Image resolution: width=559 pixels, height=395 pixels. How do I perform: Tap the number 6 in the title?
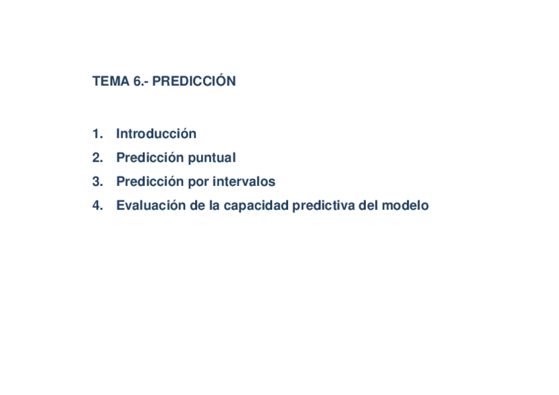[137, 81]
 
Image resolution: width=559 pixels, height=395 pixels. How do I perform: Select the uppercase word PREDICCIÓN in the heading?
[194, 80]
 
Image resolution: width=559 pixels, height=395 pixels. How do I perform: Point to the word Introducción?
[156, 133]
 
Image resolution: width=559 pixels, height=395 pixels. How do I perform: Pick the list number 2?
[98, 158]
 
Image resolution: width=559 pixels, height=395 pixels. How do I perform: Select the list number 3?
[98, 181]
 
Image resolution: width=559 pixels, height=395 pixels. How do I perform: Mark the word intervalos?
[244, 181]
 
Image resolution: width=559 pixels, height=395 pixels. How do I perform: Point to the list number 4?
[98, 205]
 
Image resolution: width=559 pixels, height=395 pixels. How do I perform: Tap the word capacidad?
[256, 206]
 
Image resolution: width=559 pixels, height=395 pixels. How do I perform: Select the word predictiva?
[324, 206]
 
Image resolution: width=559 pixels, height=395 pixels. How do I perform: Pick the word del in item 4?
[368, 205]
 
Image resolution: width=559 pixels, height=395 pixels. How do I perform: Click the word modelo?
[405, 205]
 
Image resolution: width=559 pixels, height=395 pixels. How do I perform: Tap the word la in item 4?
[214, 205]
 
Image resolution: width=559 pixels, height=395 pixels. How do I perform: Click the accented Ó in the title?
[221, 80]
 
